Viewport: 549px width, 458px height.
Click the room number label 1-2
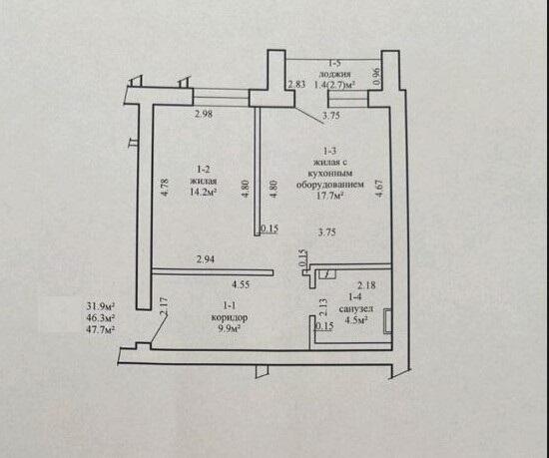203,170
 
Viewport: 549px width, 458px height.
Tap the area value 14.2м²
203,193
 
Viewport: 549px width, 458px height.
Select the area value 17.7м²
329,196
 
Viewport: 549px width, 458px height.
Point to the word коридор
230,317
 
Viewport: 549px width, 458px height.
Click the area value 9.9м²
230,329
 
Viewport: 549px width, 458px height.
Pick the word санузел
356,309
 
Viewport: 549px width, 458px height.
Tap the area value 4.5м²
356,320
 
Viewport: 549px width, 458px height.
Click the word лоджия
334,74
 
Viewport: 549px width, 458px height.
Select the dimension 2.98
204,114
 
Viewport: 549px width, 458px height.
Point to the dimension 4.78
165,188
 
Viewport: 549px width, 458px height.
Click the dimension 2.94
206,259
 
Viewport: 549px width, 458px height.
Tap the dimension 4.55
241,284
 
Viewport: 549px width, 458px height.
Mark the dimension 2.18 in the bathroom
366,285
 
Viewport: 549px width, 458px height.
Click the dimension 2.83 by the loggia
296,85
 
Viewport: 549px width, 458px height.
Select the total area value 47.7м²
101,329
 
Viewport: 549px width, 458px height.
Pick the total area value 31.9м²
101,306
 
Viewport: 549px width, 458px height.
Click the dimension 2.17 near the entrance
165,307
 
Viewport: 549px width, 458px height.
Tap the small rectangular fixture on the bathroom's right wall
387,321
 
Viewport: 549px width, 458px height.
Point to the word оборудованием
329,184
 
